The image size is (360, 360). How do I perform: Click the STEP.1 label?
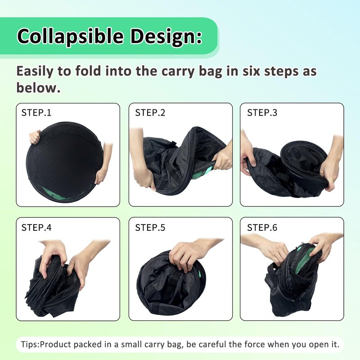[36, 113]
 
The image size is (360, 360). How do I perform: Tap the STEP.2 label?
[150, 113]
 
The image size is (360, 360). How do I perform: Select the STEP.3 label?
[262, 113]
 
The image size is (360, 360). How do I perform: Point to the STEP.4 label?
[36, 228]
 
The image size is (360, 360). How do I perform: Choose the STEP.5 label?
[150, 228]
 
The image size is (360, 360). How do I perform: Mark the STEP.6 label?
[262, 228]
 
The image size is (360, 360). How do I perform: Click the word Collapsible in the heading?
[71, 36]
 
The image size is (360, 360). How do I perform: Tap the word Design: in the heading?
[166, 37]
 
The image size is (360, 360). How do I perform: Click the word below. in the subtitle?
[38, 88]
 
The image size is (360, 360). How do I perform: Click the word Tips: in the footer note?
[30, 344]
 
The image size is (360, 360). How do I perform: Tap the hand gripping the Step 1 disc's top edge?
[35, 137]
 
